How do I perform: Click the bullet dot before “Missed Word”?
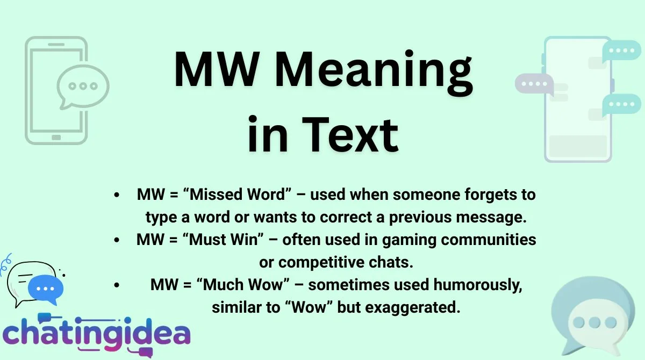pyautogui.click(x=117, y=195)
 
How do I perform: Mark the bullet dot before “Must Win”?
pyautogui.click(x=117, y=240)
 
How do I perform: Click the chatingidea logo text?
pyautogui.click(x=97, y=333)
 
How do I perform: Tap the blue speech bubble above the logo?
pyautogui.click(x=46, y=288)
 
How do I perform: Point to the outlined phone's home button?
pyautogui.click(x=56, y=138)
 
